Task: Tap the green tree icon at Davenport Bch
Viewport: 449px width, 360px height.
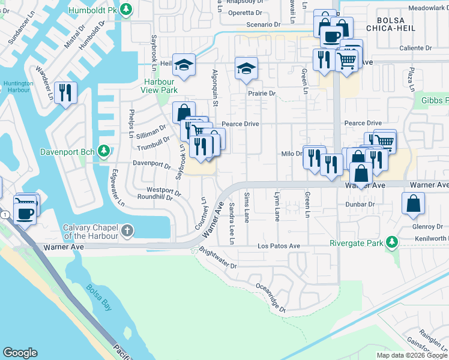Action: tap(104, 151)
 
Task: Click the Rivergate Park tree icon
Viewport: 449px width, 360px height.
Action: tap(392, 242)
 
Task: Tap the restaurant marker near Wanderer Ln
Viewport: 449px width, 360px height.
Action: tap(65, 93)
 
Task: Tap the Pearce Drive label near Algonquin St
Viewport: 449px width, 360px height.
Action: tap(240, 124)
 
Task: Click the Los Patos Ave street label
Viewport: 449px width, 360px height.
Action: tap(279, 247)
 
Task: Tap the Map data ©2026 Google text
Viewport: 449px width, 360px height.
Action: tap(412, 355)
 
